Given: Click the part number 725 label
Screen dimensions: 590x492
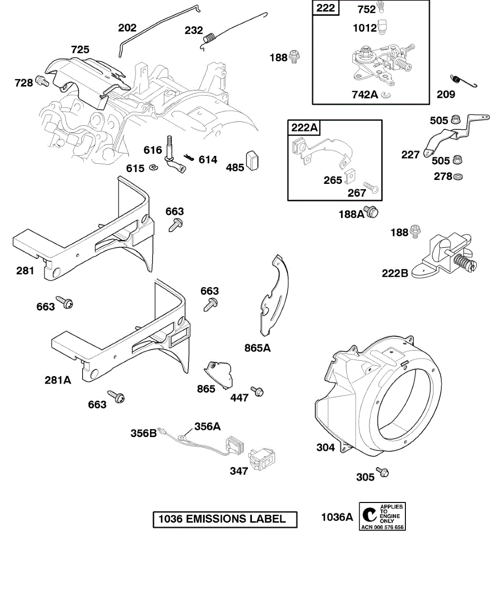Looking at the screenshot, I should point(80,50).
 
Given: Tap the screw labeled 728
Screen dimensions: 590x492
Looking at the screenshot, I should point(43,82).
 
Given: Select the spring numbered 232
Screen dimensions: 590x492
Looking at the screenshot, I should point(211,37).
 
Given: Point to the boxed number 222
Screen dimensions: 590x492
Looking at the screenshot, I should point(326,8).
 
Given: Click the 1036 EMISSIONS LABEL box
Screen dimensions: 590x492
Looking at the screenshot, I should point(225,519).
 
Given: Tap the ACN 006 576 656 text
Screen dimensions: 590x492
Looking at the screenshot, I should point(382,527).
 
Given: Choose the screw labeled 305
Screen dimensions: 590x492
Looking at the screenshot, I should point(382,472).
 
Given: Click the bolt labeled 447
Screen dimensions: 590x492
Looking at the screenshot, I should point(257,391).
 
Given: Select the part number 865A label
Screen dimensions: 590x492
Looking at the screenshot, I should point(257,348).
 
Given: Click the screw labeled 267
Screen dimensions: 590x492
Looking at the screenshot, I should point(370,188).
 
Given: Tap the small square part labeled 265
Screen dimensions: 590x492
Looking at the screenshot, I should point(351,175).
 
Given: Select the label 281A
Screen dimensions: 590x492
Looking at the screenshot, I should point(58,380).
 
